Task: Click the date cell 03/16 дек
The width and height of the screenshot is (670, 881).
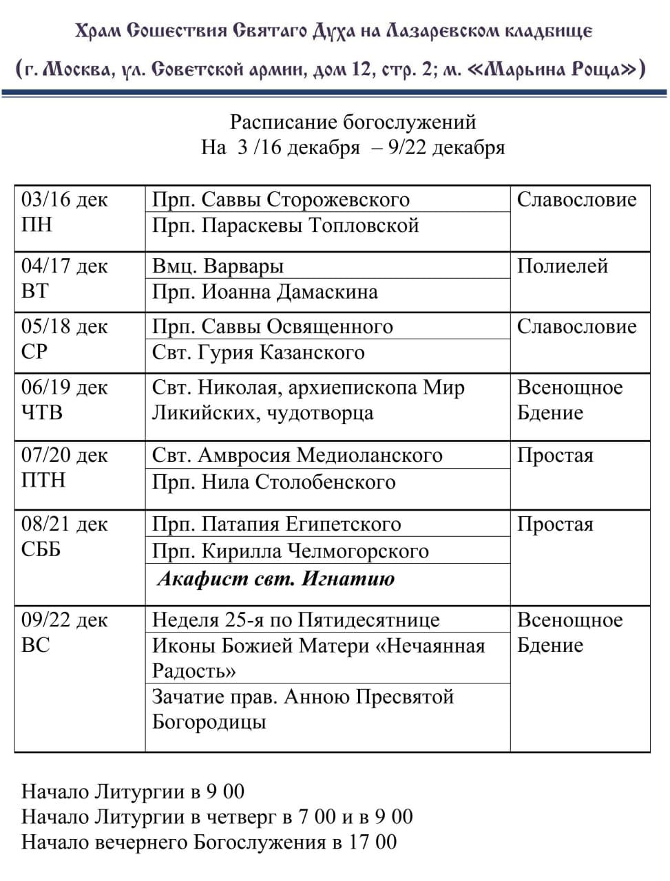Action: click(65, 200)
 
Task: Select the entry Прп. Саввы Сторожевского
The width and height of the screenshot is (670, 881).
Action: click(280, 200)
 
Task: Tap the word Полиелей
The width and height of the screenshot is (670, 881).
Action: click(562, 266)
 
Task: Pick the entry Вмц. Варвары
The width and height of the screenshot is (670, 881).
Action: click(218, 266)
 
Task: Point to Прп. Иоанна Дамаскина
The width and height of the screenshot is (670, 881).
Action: click(264, 292)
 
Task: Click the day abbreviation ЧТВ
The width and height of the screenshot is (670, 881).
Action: click(42, 413)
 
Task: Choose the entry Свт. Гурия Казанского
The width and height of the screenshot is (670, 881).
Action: click(258, 352)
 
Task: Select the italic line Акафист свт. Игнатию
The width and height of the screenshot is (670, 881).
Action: click(276, 578)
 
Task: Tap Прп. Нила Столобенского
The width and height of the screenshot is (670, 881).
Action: click(273, 482)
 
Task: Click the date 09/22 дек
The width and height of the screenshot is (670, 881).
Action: click(65, 620)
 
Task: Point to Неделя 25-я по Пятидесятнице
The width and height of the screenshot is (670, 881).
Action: click(295, 620)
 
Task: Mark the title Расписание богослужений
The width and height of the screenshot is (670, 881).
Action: click(353, 123)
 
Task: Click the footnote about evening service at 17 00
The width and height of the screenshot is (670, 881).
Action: click(209, 842)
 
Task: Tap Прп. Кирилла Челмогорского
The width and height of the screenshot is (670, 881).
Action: click(290, 551)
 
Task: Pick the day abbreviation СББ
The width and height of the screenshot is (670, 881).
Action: click(41, 549)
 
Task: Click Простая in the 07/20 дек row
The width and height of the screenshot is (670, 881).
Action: click(554, 456)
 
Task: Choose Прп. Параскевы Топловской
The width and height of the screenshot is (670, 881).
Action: click(285, 226)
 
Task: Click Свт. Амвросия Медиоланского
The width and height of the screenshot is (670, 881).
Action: click(297, 456)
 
